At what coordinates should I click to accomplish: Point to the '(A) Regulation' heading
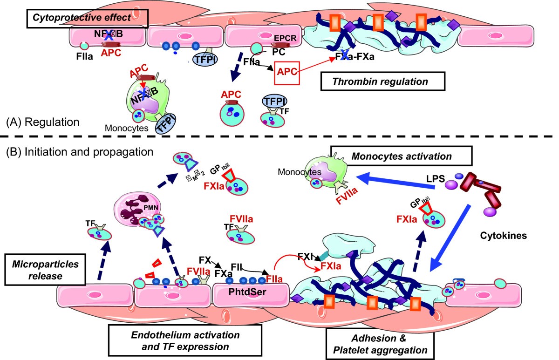[43, 122]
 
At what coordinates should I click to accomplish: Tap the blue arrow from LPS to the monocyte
[396, 180]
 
